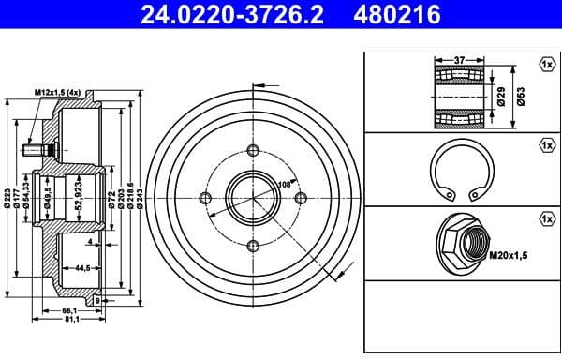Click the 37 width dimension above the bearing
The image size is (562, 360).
coord(459,59)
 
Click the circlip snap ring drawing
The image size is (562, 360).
coord(459,175)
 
